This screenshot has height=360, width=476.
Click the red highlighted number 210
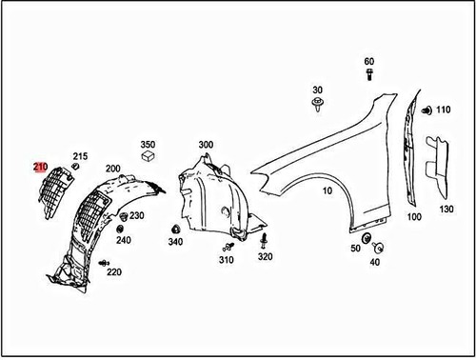pos(41,167)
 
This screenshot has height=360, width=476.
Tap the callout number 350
pos(148,145)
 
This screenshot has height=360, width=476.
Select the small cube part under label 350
pos(148,156)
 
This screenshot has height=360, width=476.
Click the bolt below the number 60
pos(369,74)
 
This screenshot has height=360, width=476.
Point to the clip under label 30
pos(318,105)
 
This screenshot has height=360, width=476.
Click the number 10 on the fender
pos(327,190)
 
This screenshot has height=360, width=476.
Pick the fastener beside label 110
pos(426,110)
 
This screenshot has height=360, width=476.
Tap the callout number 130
pos(446,210)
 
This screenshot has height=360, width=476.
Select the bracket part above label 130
pos(437,166)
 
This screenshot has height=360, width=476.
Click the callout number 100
pos(414,217)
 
